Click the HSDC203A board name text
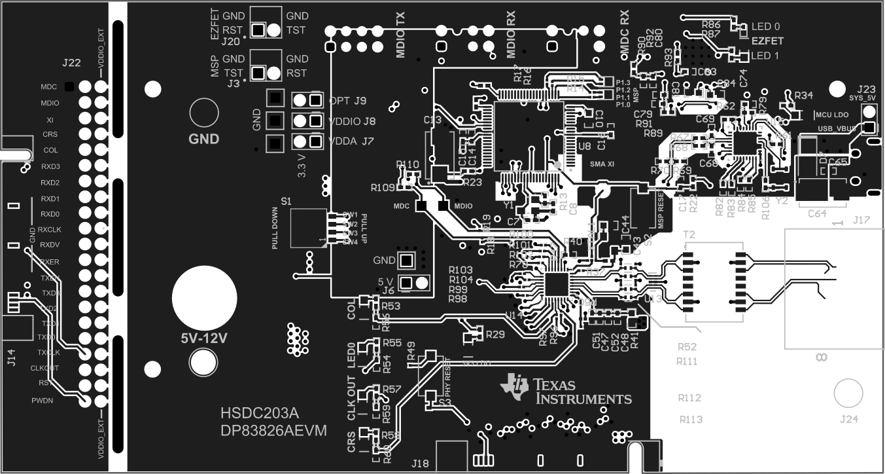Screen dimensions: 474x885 259,414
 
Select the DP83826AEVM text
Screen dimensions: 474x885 273,430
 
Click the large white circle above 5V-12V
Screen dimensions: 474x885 204,298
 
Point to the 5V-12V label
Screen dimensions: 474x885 204,339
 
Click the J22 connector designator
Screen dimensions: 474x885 71,64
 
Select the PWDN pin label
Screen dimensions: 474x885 60,399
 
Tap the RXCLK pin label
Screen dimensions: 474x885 49,230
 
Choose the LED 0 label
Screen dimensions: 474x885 765,27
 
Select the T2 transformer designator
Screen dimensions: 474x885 688,234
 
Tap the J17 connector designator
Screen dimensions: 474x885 861,222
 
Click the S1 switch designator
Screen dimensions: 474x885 286,200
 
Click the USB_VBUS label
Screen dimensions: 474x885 837,128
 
